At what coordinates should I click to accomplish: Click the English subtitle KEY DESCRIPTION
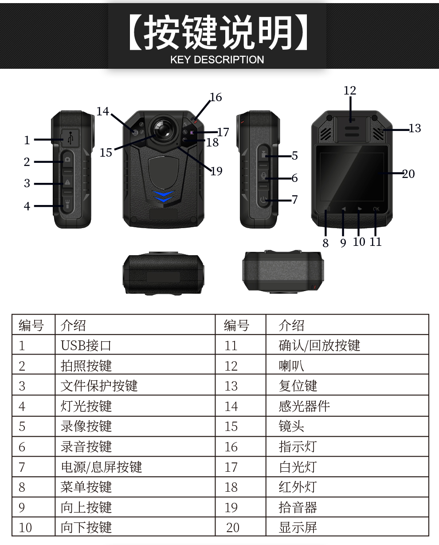(x=217, y=60)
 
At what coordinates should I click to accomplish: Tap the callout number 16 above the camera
(x=216, y=97)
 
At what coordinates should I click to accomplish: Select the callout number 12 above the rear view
(x=350, y=91)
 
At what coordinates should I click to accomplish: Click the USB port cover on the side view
(x=71, y=138)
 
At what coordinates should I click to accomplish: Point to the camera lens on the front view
(x=163, y=130)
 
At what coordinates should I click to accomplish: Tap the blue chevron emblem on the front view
(x=164, y=196)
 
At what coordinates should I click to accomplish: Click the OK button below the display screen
(x=376, y=209)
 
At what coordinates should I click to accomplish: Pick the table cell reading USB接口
(x=86, y=345)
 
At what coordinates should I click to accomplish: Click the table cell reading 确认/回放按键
(x=319, y=345)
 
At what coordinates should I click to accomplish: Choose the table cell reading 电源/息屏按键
(x=102, y=467)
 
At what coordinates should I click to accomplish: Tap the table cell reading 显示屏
(x=298, y=528)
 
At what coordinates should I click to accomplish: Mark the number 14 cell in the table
(x=231, y=407)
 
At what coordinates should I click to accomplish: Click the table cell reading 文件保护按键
(x=99, y=386)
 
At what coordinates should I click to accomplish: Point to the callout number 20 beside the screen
(x=408, y=174)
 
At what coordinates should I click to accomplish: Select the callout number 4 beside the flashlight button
(x=27, y=206)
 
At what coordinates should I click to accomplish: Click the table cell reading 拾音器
(x=298, y=507)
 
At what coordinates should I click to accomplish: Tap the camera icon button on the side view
(x=67, y=159)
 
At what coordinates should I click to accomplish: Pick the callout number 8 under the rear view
(x=325, y=243)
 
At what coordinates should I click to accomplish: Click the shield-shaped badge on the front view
(x=164, y=173)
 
